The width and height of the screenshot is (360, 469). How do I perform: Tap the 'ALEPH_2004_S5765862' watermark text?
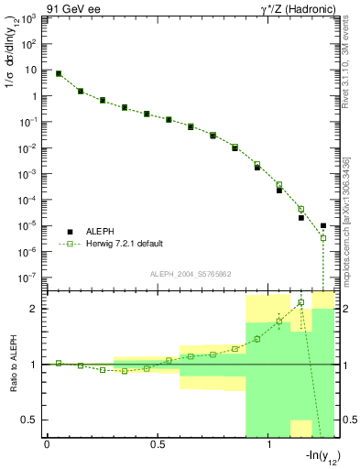click(x=189, y=274)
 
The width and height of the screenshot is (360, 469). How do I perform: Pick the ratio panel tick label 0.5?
click(x=29, y=420)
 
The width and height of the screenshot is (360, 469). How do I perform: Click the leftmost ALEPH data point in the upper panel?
click(x=59, y=73)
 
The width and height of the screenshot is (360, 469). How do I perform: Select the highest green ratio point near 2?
click(x=300, y=302)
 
